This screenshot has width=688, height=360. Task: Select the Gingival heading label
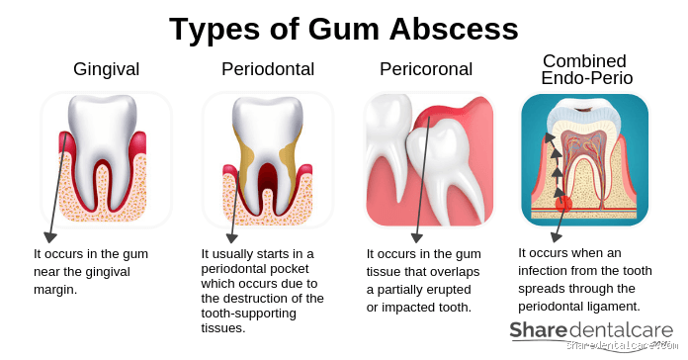(x=106, y=69)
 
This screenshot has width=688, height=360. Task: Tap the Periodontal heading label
(x=267, y=69)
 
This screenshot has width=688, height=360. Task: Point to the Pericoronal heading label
(x=426, y=69)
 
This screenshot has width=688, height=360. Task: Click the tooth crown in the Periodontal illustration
(x=267, y=124)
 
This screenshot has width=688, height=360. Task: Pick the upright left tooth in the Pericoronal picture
(x=387, y=134)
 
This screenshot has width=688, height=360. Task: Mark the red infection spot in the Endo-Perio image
(x=564, y=204)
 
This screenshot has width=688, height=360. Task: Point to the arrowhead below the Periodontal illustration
(x=229, y=238)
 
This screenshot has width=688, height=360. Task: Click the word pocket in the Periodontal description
(x=300, y=269)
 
